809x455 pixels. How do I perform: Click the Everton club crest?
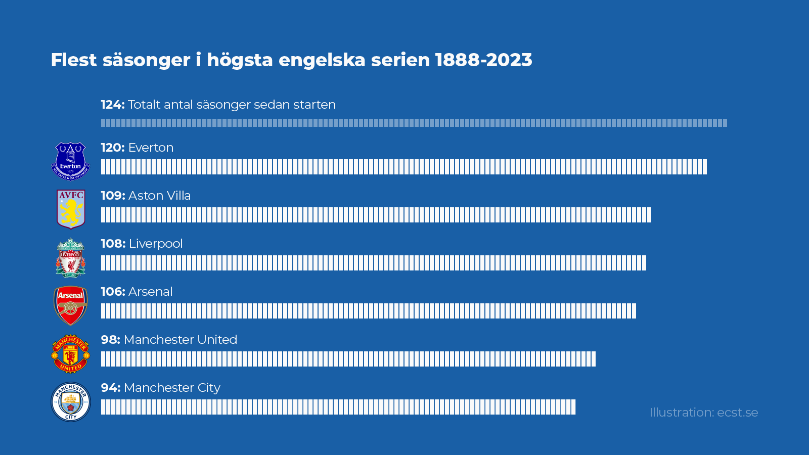[71, 161]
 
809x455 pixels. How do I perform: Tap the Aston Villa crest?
[71, 209]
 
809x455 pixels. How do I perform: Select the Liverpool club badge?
[71, 258]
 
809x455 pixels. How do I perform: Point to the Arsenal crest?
[71, 305]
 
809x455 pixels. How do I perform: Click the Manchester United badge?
[71, 353]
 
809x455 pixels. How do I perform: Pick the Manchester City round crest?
[71, 402]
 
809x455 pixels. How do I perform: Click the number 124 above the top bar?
[112, 105]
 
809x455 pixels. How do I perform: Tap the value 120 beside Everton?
[112, 148]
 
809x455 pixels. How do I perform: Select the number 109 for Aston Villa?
[112, 196]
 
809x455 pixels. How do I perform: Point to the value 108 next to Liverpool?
[112, 244]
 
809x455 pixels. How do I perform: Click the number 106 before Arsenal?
[112, 292]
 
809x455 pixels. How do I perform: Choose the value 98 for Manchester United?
[110, 340]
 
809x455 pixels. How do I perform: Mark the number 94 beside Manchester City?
[110, 388]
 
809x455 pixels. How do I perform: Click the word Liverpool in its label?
[156, 244]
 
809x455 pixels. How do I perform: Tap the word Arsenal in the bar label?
[151, 292]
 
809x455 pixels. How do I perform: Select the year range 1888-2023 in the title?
[483, 60]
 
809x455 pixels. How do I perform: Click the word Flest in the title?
[73, 60]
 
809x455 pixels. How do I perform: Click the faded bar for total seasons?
[414, 123]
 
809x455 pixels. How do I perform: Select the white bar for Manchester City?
[338, 407]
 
